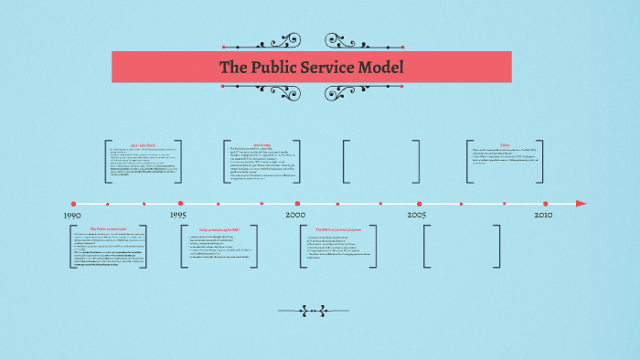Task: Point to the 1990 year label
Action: click(x=72, y=215)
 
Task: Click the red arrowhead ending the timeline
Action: click(x=581, y=203)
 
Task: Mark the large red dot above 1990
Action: click(x=73, y=203)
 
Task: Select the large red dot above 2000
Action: click(x=297, y=203)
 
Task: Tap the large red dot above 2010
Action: click(x=546, y=203)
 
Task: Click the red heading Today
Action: click(x=505, y=144)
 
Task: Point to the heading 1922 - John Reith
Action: click(x=145, y=144)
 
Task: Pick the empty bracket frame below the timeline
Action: click(x=463, y=245)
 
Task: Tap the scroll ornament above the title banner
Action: click(x=311, y=42)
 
